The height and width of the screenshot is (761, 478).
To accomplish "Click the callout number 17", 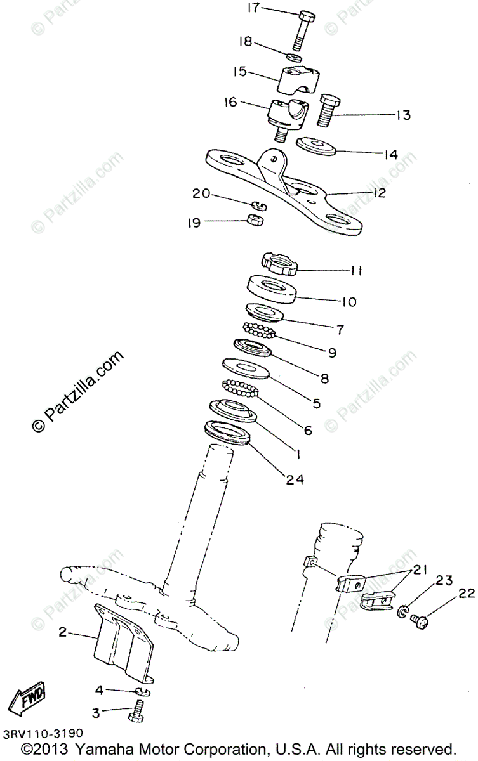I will tap(253, 8).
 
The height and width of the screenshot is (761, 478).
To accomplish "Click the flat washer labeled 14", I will tap(317, 145).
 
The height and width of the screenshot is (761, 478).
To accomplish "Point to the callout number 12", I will tap(379, 192).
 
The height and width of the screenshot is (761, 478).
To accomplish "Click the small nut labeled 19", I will tap(255, 221).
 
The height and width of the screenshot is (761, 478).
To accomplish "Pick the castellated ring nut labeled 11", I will tap(280, 263).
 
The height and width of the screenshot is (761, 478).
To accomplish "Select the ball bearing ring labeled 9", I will tap(261, 330).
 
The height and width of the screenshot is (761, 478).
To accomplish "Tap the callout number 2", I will tap(63, 632).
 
